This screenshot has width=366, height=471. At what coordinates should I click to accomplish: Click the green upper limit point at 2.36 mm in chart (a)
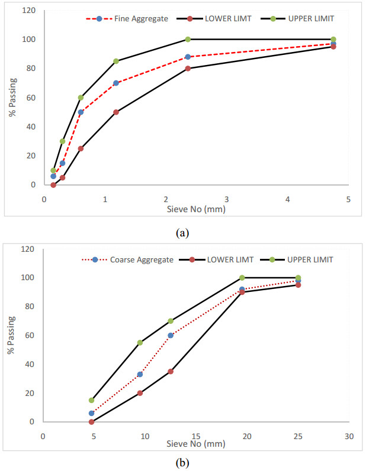coord(188,39)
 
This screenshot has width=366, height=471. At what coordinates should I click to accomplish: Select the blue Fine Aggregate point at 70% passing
coord(116,83)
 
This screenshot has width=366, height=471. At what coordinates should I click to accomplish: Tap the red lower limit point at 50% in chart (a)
coord(116,112)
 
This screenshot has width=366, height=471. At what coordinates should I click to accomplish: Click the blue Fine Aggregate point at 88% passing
coord(188,57)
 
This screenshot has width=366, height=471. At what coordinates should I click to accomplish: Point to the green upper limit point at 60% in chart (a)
coord(81,98)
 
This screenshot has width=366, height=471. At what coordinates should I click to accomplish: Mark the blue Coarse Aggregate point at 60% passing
coord(171,335)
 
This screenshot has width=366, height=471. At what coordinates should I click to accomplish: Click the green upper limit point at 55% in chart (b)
coord(140,343)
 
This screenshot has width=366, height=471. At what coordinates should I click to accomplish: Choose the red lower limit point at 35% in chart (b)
coord(171,371)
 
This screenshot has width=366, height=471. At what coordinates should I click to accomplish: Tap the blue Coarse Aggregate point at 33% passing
coord(140,374)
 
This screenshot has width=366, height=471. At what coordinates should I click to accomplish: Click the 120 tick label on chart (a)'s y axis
coord(29,11)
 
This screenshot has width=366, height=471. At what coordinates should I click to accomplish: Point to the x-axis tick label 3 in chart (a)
coord(227,199)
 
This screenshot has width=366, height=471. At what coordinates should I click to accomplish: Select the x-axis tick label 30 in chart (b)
coord(349,436)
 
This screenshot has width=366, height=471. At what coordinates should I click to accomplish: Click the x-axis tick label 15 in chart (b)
coord(196,436)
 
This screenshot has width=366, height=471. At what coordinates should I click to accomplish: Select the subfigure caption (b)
coord(183,463)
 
